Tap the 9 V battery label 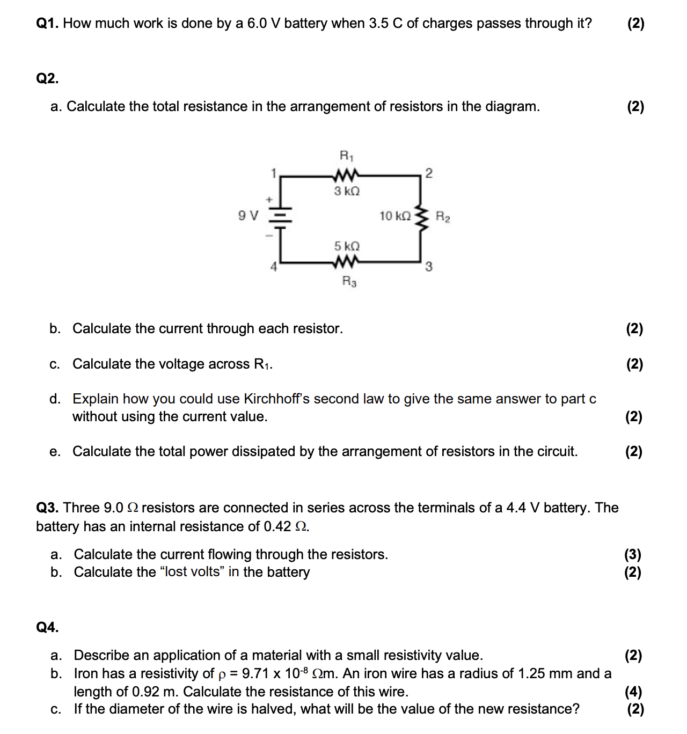pos(248,216)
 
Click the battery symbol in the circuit pos(280,217)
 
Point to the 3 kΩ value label pos(347,192)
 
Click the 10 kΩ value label pos(395,216)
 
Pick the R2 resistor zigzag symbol pos(422,217)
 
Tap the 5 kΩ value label pos(347,246)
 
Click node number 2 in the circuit pos(428,173)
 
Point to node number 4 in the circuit pos(274,267)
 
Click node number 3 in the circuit pos(428,267)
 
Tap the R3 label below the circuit pos(349,281)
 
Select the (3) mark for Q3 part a pos(633,554)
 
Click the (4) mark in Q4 pos(633,692)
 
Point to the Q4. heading pos(47,627)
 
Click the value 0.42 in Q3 pos(277,526)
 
